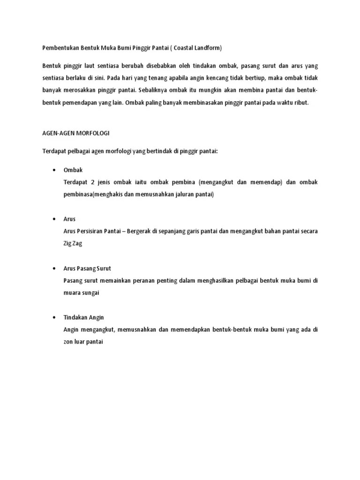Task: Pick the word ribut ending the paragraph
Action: tap(300, 103)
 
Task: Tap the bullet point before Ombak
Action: tap(55, 170)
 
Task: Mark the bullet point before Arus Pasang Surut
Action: tap(55, 269)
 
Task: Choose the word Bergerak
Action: tap(143, 232)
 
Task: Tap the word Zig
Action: tap(68, 244)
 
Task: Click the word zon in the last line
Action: tap(68, 343)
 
